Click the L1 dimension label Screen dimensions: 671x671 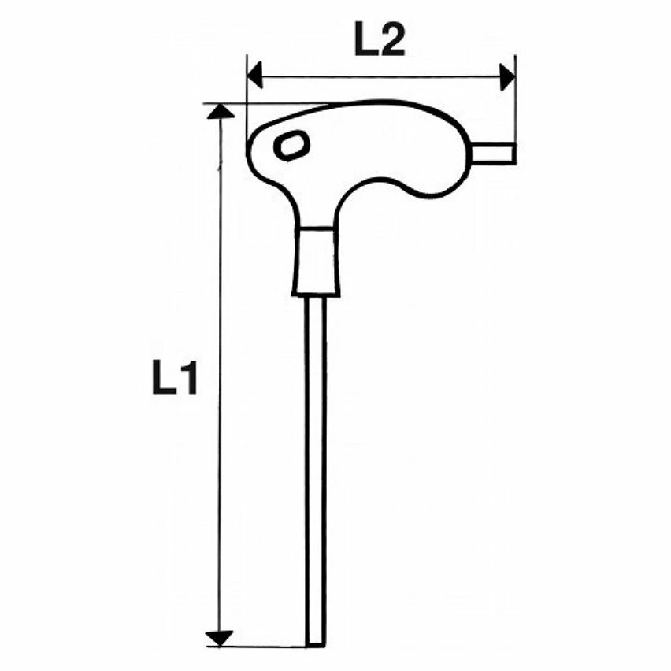(x=175, y=377)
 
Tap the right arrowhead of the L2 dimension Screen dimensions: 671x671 (x=507, y=77)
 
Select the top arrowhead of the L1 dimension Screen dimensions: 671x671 (x=221, y=111)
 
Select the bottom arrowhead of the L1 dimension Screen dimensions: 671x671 (x=220, y=639)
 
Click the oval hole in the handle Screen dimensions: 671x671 (x=291, y=146)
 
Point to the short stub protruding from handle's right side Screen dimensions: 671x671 (x=493, y=154)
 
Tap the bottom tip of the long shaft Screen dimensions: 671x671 (x=317, y=645)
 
